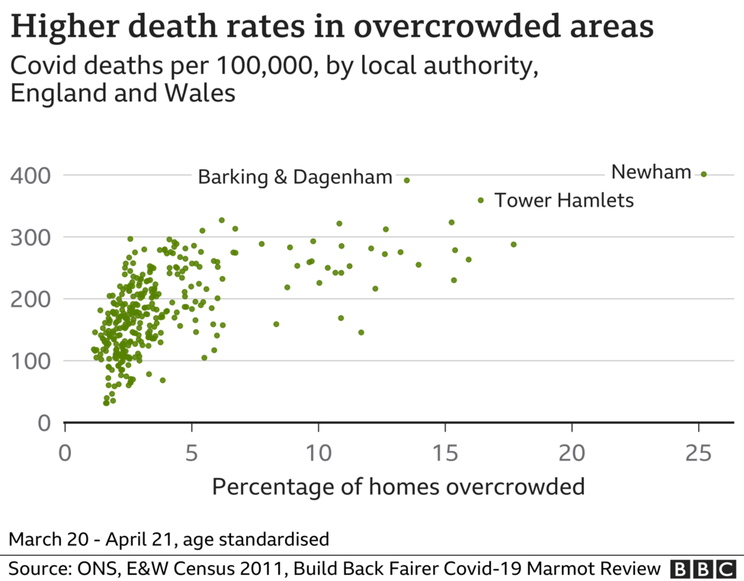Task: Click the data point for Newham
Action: [704, 174]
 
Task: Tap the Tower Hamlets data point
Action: [480, 201]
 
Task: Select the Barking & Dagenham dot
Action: [406, 181]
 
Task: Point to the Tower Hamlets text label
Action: [564, 201]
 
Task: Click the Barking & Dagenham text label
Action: [295, 178]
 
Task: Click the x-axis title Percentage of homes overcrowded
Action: [398, 486]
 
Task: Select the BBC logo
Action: [702, 568]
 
